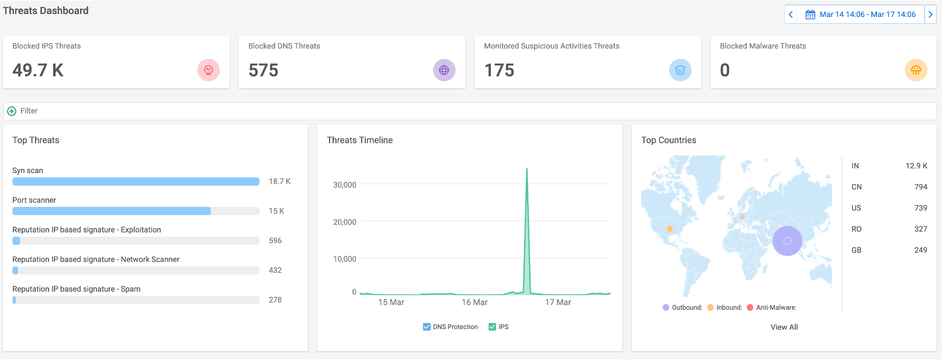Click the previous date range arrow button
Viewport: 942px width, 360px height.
[791, 14]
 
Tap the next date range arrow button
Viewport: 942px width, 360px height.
[930, 14]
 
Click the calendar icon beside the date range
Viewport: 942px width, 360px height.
[810, 15]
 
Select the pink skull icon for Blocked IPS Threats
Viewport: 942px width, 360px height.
[209, 70]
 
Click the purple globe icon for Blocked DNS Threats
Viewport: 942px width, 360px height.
[444, 70]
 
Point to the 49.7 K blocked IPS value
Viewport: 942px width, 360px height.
[38, 70]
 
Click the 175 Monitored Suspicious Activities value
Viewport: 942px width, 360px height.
[499, 70]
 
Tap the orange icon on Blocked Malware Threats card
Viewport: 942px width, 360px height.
[916, 70]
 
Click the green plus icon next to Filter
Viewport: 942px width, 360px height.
[12, 111]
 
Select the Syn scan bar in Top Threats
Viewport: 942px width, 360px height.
[136, 181]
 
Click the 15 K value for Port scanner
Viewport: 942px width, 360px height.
[276, 211]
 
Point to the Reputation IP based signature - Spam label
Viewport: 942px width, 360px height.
[76, 289]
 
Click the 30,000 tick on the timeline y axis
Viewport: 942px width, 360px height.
[344, 185]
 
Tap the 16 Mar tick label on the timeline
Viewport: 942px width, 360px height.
[475, 302]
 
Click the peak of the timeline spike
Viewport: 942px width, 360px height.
[527, 169]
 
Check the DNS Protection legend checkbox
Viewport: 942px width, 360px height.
[427, 327]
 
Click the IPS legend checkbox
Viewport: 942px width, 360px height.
[492, 327]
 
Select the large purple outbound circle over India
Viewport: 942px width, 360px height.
[787, 241]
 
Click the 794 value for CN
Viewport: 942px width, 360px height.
[920, 187]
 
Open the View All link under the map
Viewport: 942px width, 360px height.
[784, 327]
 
